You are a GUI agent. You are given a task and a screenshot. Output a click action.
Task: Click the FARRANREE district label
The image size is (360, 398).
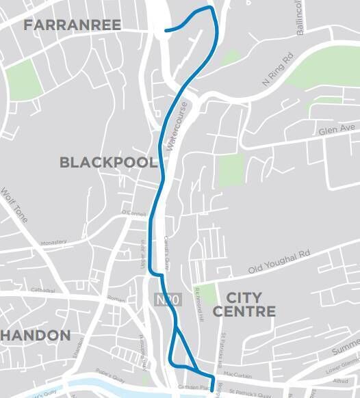pyautogui.click(x=72, y=25)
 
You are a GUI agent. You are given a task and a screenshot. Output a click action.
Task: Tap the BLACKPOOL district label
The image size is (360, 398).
pyautogui.click(x=108, y=163)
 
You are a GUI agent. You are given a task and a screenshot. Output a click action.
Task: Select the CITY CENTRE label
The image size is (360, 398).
pyautogui.click(x=244, y=304)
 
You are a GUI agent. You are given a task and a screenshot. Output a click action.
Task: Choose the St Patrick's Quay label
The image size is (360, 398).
pyautogui.click(x=250, y=393)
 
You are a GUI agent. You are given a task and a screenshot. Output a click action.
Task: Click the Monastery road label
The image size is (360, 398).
pyautogui.click(x=53, y=242)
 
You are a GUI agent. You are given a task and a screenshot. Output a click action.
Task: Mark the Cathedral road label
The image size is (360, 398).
pyautogui.click(x=24, y=290)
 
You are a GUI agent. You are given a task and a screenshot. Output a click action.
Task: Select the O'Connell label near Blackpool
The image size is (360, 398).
pyautogui.click(x=134, y=213)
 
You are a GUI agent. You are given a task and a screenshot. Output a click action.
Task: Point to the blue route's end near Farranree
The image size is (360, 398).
pyautogui.click(x=166, y=29)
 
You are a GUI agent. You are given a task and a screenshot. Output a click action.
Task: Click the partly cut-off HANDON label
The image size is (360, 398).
pyautogui.click(x=36, y=335)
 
